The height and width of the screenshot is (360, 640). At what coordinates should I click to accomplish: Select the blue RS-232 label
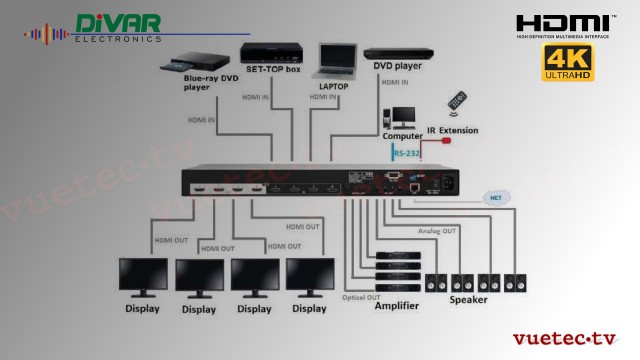(406, 153)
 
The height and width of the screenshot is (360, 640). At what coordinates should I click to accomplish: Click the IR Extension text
(452, 130)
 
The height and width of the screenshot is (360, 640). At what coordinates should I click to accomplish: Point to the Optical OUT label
(361, 297)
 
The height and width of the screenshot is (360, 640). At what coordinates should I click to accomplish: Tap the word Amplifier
(396, 306)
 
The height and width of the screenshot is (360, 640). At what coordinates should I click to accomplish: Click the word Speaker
(468, 300)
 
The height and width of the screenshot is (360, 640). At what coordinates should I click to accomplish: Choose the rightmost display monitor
(309, 276)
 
